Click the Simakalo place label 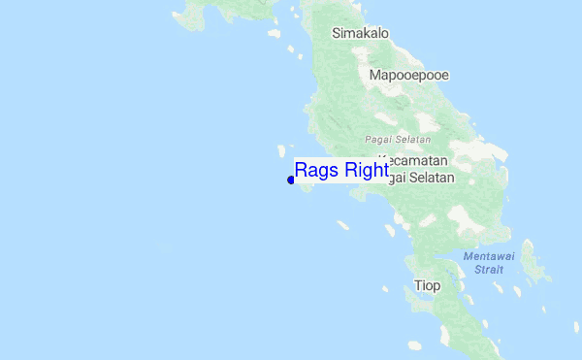tap(360, 33)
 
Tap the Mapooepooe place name tap(408, 74)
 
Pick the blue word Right tap(365, 171)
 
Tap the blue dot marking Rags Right tap(291, 180)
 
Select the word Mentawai tap(484, 256)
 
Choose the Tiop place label tap(427, 285)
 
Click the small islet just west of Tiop tap(385, 288)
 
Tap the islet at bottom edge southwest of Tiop tap(415, 344)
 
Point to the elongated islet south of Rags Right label tap(342, 224)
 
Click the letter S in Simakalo tap(337, 33)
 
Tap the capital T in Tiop tap(418, 285)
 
